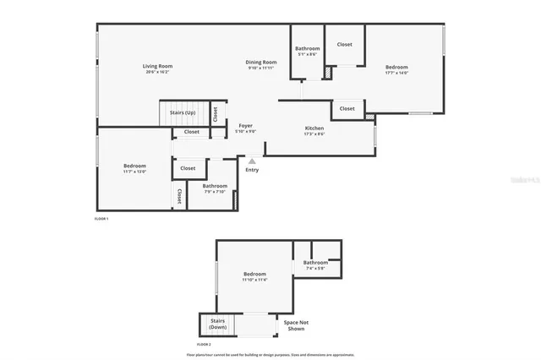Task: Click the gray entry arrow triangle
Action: click(x=252, y=160)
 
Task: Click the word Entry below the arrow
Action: click(x=252, y=170)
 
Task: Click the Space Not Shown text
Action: click(x=295, y=326)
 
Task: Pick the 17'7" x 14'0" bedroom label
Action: click(x=397, y=69)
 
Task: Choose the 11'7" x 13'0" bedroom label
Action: click(x=134, y=168)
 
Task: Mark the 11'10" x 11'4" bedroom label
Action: click(x=254, y=276)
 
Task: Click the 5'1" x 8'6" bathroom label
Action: click(x=307, y=51)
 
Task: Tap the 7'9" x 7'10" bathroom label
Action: click(x=215, y=188)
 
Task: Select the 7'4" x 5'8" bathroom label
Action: click(x=317, y=265)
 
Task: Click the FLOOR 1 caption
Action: click(x=101, y=219)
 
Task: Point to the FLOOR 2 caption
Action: click(x=204, y=345)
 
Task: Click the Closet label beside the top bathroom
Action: click(x=345, y=44)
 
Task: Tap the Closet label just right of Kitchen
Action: click(x=347, y=108)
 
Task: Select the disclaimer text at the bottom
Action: click(x=270, y=355)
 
